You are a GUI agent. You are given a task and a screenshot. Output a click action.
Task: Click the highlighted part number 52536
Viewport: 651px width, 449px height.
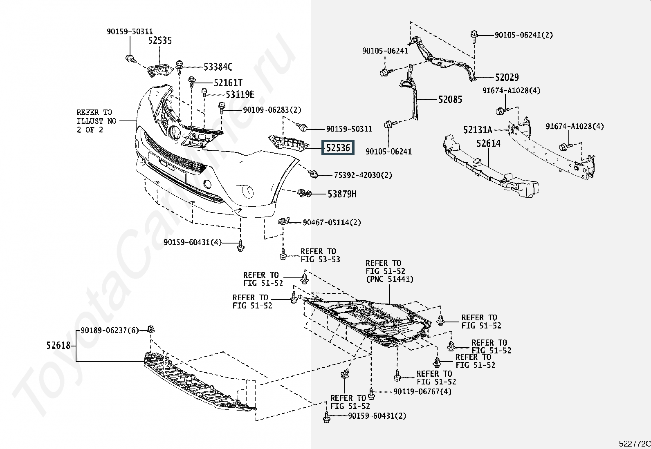(338, 147)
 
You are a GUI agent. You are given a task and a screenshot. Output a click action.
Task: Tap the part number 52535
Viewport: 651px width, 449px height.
(160, 40)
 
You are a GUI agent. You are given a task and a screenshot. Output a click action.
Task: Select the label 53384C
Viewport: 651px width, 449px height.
(218, 67)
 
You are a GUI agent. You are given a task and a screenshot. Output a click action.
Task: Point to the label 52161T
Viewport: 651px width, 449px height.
(228, 83)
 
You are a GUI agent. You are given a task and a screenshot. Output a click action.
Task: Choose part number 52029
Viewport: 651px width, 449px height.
(507, 77)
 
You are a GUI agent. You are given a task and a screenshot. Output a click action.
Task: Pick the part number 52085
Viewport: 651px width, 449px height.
(450, 99)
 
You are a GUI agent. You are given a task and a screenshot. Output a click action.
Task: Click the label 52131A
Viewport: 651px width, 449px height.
(478, 130)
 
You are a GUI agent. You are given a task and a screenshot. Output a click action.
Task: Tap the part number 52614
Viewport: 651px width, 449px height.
(488, 143)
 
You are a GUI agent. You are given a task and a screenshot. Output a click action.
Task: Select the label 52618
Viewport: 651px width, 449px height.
(58, 346)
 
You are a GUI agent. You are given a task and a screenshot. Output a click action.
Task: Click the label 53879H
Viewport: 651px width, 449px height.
(342, 194)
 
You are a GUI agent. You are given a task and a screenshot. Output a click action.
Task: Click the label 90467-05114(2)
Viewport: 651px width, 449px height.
(332, 223)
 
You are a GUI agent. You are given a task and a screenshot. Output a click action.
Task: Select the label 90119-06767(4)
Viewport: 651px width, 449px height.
(422, 391)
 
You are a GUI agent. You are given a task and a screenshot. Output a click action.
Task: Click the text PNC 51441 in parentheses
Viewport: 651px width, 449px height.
(390, 279)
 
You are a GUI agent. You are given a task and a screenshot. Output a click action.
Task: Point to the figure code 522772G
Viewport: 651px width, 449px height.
(634, 444)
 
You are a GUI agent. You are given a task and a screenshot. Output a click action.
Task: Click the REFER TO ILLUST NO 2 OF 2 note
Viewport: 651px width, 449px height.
(97, 121)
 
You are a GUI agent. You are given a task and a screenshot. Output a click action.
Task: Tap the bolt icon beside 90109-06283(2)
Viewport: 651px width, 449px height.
(222, 108)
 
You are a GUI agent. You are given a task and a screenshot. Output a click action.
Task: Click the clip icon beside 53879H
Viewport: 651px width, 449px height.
(303, 193)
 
